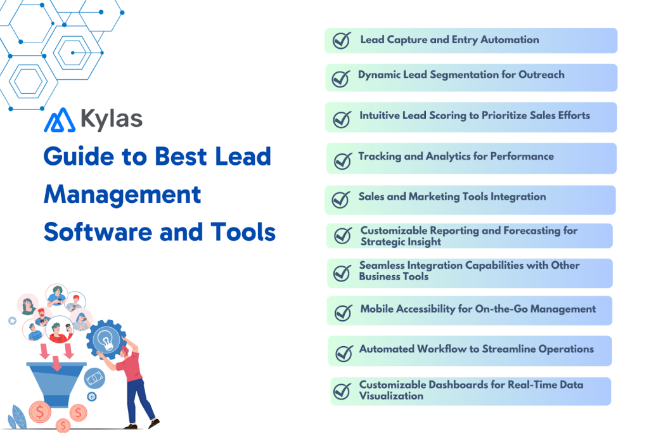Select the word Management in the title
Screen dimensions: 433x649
tap(122, 194)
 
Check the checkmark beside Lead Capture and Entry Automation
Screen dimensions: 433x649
tap(342, 41)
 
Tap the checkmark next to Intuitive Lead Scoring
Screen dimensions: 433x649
tap(342, 119)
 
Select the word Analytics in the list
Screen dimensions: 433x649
tap(451, 157)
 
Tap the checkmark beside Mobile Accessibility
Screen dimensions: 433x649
tap(343, 312)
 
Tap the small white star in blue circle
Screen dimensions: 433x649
tap(11, 321)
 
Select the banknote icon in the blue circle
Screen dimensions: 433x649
tap(94, 378)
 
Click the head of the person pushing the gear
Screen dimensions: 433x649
tap(125, 351)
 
